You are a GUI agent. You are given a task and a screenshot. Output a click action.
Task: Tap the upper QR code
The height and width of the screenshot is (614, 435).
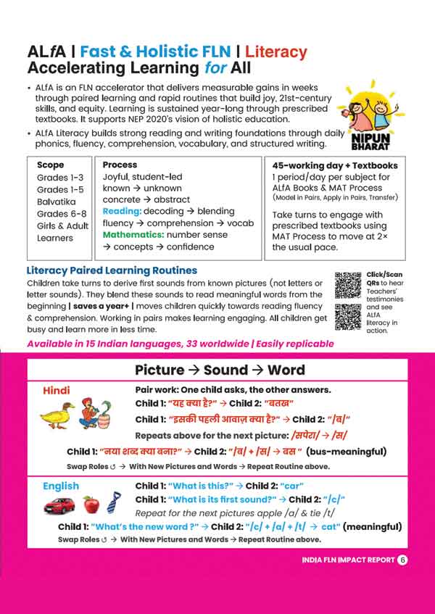(349, 285)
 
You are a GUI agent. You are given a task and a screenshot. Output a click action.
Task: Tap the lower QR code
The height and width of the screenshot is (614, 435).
(349, 317)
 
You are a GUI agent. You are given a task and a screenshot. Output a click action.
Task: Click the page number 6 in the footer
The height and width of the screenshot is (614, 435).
(402, 560)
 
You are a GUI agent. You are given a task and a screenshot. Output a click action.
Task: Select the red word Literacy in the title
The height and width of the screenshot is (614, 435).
(275, 52)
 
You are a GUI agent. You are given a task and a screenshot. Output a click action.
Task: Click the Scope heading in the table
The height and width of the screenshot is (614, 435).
(50, 165)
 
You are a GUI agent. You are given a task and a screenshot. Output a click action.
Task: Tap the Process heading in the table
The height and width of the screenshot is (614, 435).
(120, 165)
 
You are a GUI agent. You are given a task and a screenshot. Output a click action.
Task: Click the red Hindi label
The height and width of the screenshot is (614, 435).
(57, 390)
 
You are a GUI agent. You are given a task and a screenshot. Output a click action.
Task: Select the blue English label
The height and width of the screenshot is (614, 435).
(61, 486)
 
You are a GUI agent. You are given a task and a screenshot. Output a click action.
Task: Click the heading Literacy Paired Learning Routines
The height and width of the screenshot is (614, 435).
(111, 270)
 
